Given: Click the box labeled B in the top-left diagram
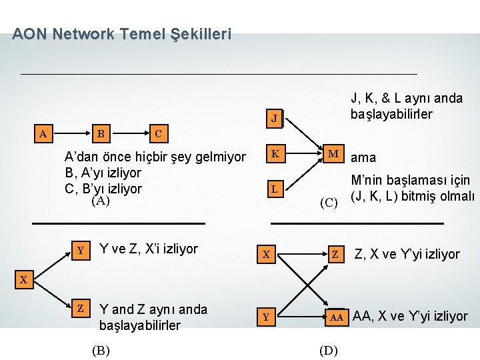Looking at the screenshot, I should [x=101, y=133].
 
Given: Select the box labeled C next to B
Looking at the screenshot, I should [x=157, y=133].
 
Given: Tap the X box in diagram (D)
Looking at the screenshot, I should [x=265, y=254].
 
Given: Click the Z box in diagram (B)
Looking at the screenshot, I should [x=81, y=309].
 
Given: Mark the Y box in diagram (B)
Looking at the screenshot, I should [x=81, y=251].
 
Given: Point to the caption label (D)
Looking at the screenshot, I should [x=329, y=351].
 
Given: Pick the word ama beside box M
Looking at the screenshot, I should [x=363, y=158].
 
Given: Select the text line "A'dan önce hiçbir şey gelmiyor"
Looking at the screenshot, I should [x=154, y=158].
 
